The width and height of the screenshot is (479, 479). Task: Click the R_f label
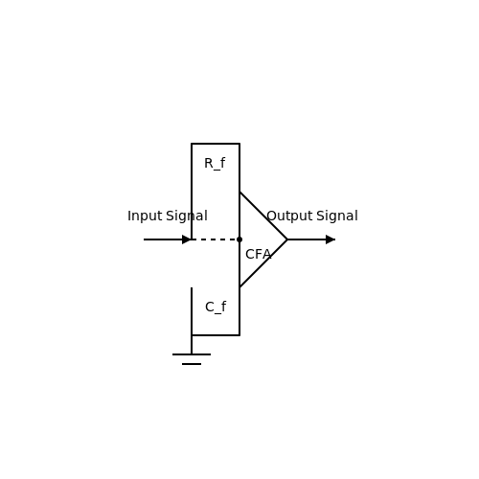(215, 164)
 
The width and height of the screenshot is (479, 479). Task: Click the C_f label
(216, 308)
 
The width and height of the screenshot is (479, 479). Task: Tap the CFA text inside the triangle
(259, 255)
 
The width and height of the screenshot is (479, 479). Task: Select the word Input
(145, 217)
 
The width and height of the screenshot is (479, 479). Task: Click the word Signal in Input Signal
(187, 217)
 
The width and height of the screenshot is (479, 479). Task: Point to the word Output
(289, 217)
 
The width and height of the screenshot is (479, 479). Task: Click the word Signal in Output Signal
(337, 217)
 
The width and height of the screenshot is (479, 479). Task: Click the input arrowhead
(187, 239)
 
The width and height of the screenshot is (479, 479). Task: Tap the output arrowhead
(331, 239)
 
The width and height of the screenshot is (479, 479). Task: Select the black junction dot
(239, 239)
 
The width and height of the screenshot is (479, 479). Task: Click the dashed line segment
(216, 239)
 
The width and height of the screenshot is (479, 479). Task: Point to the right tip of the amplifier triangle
(287, 239)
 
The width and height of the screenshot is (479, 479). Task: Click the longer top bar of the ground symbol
(192, 354)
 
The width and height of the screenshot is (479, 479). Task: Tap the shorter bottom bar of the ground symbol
(192, 364)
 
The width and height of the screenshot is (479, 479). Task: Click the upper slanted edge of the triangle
(263, 216)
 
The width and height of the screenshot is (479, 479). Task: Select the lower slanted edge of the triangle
(263, 263)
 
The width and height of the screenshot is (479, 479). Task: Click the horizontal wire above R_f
(216, 144)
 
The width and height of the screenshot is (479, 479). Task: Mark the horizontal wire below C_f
(216, 335)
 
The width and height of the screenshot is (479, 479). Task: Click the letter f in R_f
(222, 163)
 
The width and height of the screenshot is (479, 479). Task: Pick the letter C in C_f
(210, 308)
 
